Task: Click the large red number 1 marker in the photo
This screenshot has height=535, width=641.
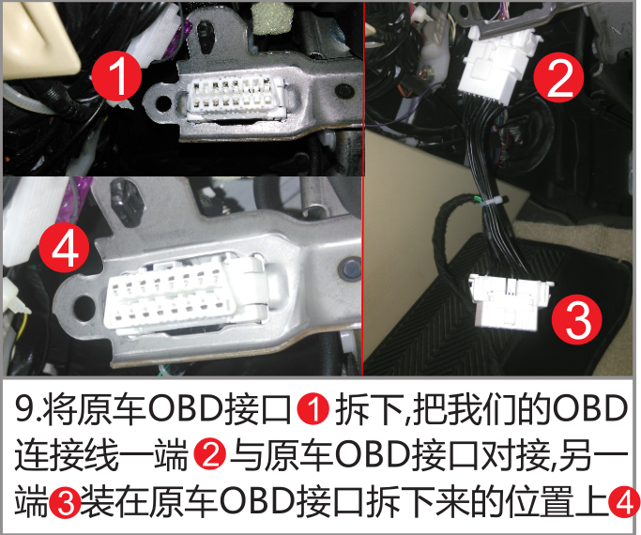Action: tap(116, 75)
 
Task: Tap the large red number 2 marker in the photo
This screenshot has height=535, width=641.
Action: tap(559, 77)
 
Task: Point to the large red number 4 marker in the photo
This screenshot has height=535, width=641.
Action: tap(65, 248)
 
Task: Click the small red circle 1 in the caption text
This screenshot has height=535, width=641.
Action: tap(313, 410)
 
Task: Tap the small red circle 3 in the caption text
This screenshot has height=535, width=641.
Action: tap(65, 503)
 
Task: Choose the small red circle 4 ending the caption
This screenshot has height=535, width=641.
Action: tap(624, 503)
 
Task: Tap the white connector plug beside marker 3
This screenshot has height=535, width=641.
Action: tap(511, 300)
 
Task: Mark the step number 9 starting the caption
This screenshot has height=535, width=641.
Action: tap(26, 410)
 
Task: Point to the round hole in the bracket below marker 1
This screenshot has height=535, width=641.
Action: tap(163, 101)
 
